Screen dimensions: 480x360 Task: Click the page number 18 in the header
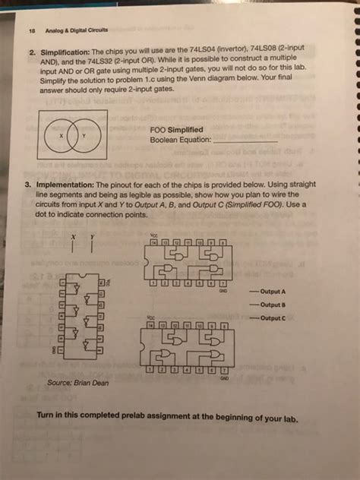[x=31, y=31]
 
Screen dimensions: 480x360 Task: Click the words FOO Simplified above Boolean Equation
[x=175, y=130]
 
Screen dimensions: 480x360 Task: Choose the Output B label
[x=272, y=304]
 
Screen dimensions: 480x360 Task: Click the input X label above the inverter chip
[x=74, y=238]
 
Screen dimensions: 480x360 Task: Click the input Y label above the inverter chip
[x=93, y=238]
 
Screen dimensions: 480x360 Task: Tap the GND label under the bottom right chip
[x=223, y=377]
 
